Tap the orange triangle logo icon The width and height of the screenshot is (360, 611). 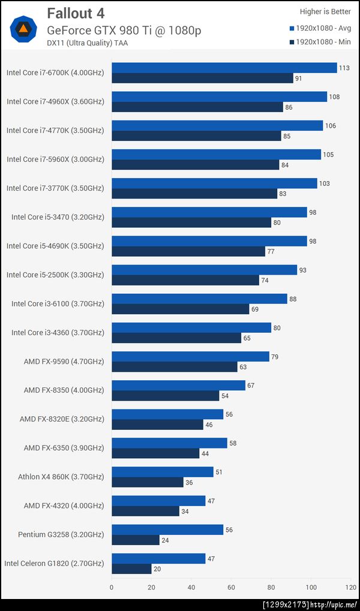tap(23, 28)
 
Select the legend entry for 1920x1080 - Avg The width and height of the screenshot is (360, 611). tap(320, 28)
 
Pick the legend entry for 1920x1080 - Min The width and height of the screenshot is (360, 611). tap(320, 43)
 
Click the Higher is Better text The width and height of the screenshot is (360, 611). tap(325, 11)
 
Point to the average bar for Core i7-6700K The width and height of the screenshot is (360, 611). tap(224, 68)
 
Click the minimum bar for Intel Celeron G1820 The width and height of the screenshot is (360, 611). tap(131, 569)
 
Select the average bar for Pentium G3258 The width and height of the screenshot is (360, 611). tap(167, 529)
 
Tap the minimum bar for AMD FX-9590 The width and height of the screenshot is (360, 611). tap(175, 367)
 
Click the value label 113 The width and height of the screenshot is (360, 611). tap(344, 68)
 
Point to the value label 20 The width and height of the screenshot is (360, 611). tap(157, 569)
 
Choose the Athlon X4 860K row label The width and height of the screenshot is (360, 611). tap(61, 477)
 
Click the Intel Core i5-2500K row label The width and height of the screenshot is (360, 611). tap(55, 275)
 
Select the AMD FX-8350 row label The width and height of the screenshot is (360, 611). tap(64, 390)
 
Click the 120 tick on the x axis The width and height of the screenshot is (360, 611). tap(350, 588)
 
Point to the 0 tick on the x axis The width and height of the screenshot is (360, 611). tap(112, 588)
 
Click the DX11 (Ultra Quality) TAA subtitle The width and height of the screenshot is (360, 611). tap(87, 43)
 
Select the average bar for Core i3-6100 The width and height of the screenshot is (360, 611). tap(199, 299)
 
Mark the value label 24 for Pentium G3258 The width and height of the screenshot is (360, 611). tap(164, 540)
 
